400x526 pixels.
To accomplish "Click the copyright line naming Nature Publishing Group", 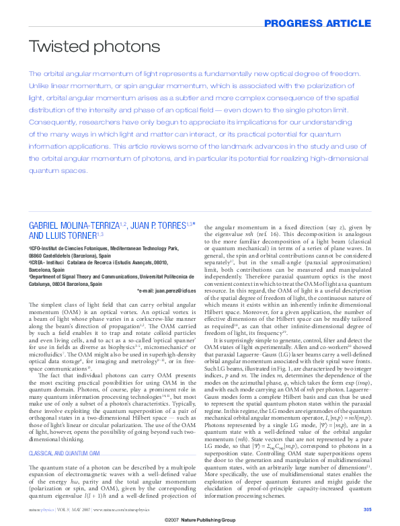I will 200,521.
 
